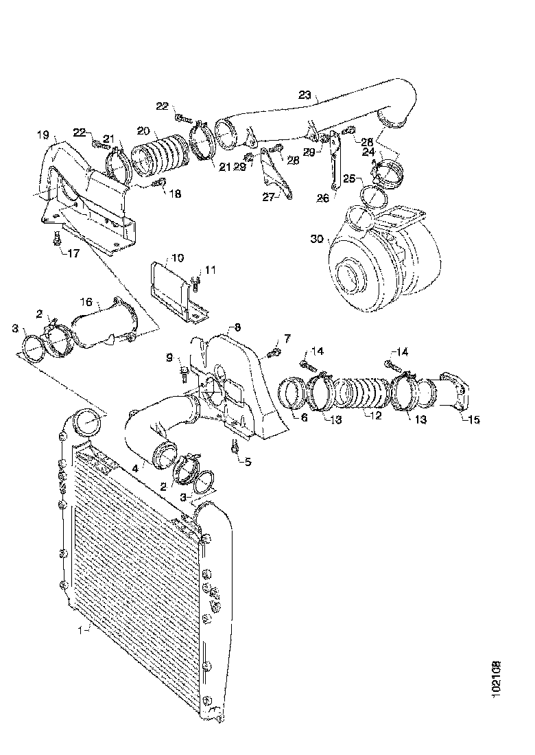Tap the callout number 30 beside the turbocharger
click(317, 240)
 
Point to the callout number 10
click(177, 258)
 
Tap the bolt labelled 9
click(184, 372)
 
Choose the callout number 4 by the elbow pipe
click(135, 469)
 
